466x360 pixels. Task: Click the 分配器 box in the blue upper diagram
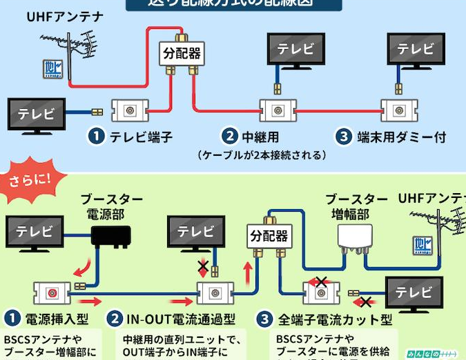point(181,53)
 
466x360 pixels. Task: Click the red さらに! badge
point(30,181)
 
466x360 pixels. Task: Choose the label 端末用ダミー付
point(401,137)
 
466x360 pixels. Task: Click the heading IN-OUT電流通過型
point(180,319)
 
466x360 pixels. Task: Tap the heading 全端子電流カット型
point(334,319)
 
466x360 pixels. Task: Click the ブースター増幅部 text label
point(356,206)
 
